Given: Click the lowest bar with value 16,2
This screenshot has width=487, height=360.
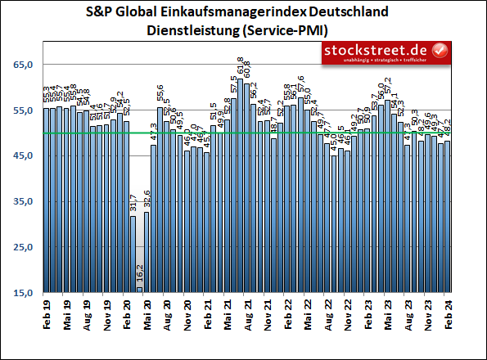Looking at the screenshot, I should [139, 289].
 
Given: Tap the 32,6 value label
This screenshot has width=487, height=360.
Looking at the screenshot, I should [147, 200].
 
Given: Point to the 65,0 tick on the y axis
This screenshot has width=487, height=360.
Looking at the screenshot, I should [23, 64].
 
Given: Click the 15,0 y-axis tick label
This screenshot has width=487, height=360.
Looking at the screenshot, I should [23, 293].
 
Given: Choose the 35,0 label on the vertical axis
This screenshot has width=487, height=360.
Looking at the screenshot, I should [23, 201].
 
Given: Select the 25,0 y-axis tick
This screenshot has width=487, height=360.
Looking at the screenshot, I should [23, 247].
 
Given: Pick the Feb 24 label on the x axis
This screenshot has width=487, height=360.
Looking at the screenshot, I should [448, 315].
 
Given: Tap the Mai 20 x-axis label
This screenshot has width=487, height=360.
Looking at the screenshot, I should [147, 315].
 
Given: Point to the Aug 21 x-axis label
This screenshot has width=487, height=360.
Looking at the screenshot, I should [247, 315].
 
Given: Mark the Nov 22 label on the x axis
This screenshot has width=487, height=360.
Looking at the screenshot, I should [348, 315].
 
